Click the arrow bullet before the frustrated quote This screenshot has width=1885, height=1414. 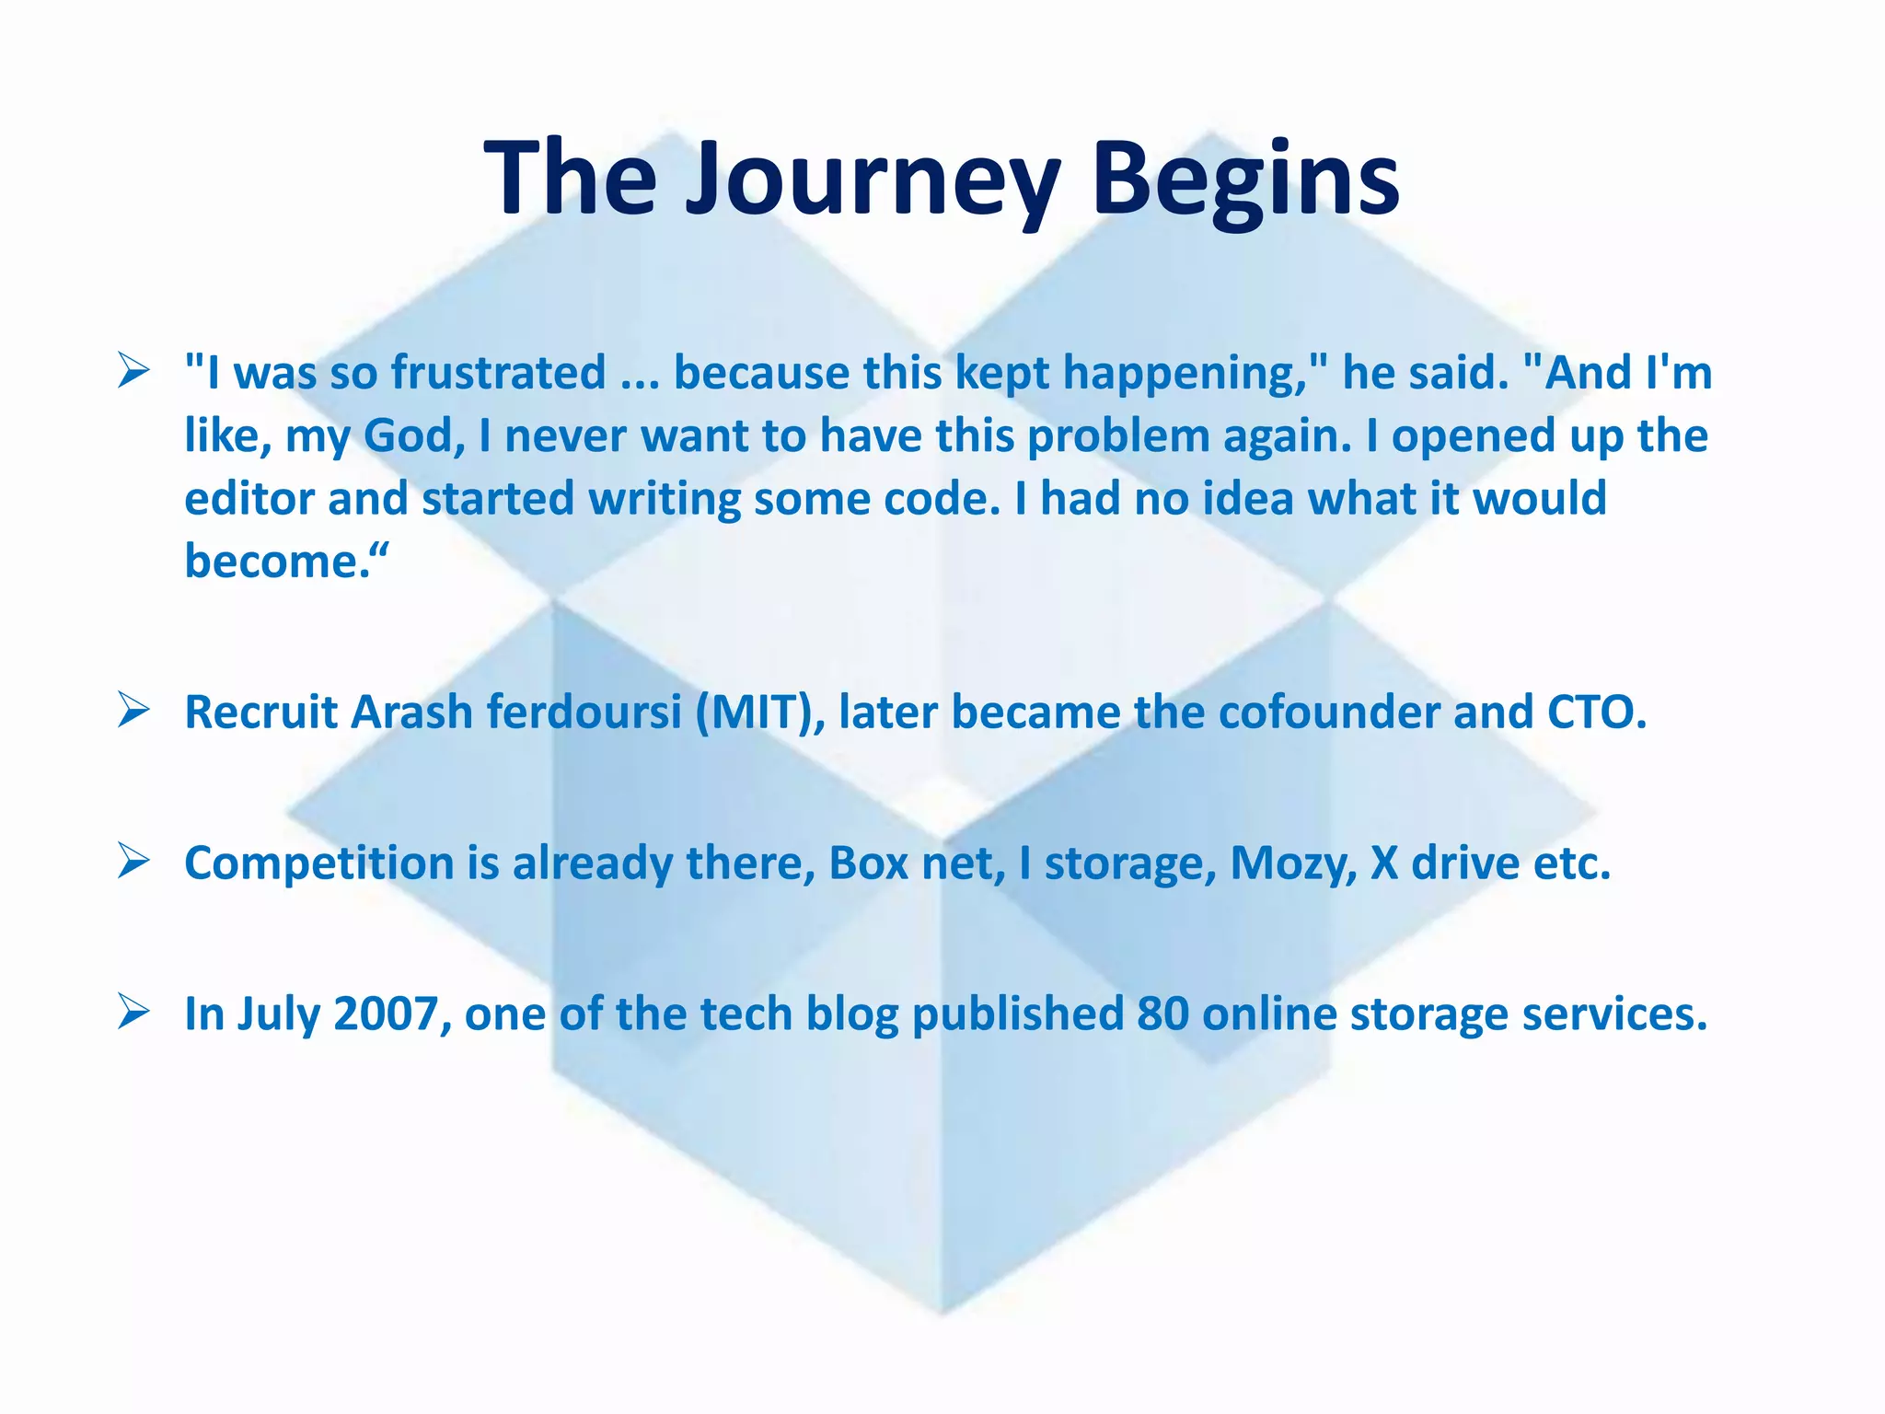coord(134,374)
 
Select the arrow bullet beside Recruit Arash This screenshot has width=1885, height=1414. coord(134,712)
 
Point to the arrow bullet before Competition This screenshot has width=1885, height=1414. coord(134,863)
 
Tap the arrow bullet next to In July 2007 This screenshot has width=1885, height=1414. coord(134,1014)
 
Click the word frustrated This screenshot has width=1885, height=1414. coord(498,374)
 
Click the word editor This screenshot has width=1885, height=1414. coord(249,499)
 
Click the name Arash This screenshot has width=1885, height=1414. coord(411,713)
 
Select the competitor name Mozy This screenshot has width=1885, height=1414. coord(1293,863)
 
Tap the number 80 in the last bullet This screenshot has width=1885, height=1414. coord(1162,1014)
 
